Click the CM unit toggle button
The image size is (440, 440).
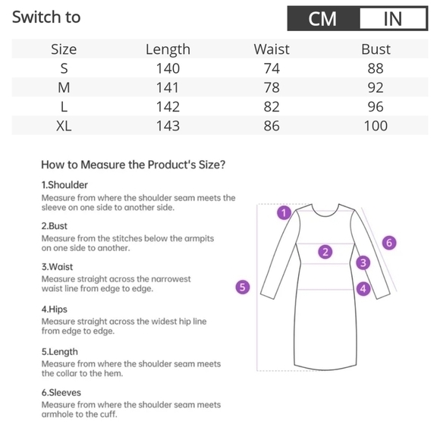323,18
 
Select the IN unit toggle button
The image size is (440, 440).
393,18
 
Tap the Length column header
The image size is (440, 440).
168,49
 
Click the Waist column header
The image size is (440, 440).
272,49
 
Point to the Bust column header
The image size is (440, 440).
376,49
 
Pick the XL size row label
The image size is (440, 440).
64,126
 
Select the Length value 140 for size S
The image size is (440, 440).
168,68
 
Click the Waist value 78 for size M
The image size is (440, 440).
272,87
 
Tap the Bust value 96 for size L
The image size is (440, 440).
376,107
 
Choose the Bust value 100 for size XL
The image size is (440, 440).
376,126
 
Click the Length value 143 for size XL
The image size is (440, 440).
168,126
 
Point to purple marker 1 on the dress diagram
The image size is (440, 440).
284,212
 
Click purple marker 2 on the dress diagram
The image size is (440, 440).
325,252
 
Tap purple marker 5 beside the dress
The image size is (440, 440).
243,287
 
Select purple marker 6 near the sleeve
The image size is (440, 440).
389,243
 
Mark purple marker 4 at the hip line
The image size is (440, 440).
363,288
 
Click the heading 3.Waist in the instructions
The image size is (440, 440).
57,266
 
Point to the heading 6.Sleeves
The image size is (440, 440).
61,392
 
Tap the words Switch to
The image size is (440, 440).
46,17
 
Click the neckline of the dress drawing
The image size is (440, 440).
325,215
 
